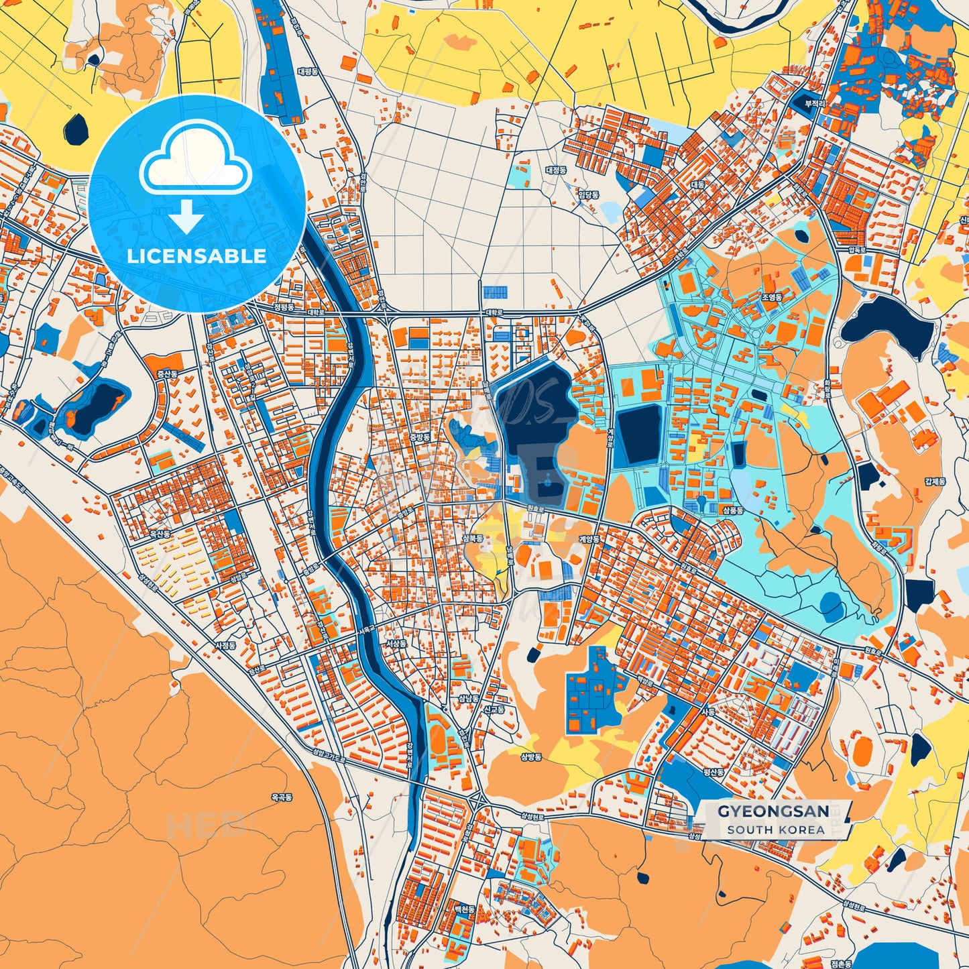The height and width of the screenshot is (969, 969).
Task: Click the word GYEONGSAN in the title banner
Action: pos(773,811)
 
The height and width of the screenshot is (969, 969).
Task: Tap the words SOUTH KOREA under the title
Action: pos(775,830)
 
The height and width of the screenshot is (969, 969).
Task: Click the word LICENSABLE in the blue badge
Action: pos(196,255)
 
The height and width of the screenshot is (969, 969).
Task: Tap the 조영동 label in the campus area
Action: pos(772,296)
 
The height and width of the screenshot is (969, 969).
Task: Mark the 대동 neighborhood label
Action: pos(698,184)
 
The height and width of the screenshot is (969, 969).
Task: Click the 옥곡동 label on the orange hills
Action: pos(281,797)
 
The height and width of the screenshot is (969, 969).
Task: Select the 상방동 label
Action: pos(530,757)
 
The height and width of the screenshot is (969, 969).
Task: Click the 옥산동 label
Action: pos(160,534)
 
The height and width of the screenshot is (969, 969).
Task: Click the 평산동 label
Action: pos(714,772)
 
